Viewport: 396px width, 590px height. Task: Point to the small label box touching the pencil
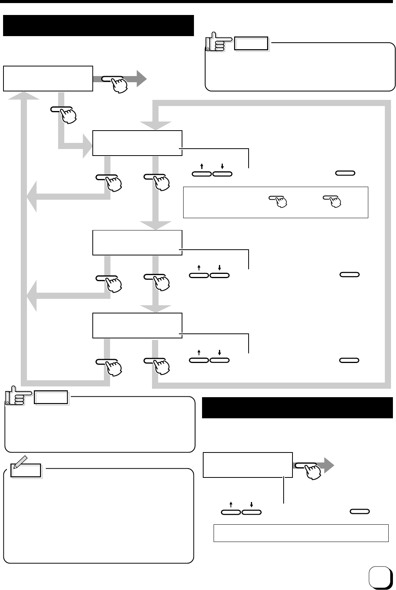(x=26, y=471)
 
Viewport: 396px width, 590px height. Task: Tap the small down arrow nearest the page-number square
(x=251, y=505)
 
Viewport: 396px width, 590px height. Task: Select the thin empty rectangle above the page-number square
(x=301, y=533)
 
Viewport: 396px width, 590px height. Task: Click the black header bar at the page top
(x=98, y=25)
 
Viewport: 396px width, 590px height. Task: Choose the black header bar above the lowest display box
(x=297, y=408)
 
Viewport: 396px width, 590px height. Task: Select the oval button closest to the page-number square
(x=359, y=512)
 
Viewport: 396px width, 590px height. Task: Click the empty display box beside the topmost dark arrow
(x=48, y=78)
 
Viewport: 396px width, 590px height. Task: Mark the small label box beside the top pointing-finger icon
(x=252, y=44)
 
